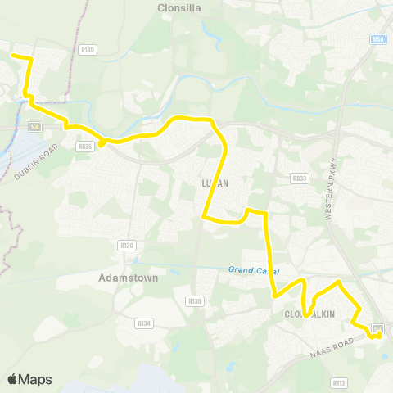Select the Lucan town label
pyautogui.click(x=214, y=183)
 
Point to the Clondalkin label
pyautogui.click(x=311, y=314)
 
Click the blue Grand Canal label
pyautogui.click(x=254, y=270)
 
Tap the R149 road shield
pyautogui.click(x=88, y=51)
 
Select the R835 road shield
pyautogui.click(x=84, y=146)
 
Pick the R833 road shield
pyautogui.click(x=298, y=177)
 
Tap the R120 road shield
pyautogui.click(x=125, y=244)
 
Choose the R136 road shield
pyautogui.click(x=194, y=301)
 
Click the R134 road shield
pyautogui.click(x=144, y=323)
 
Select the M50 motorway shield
pyautogui.click(x=377, y=38)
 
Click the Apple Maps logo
pyautogui.click(x=29, y=380)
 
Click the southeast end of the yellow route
pyautogui.click(x=378, y=335)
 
